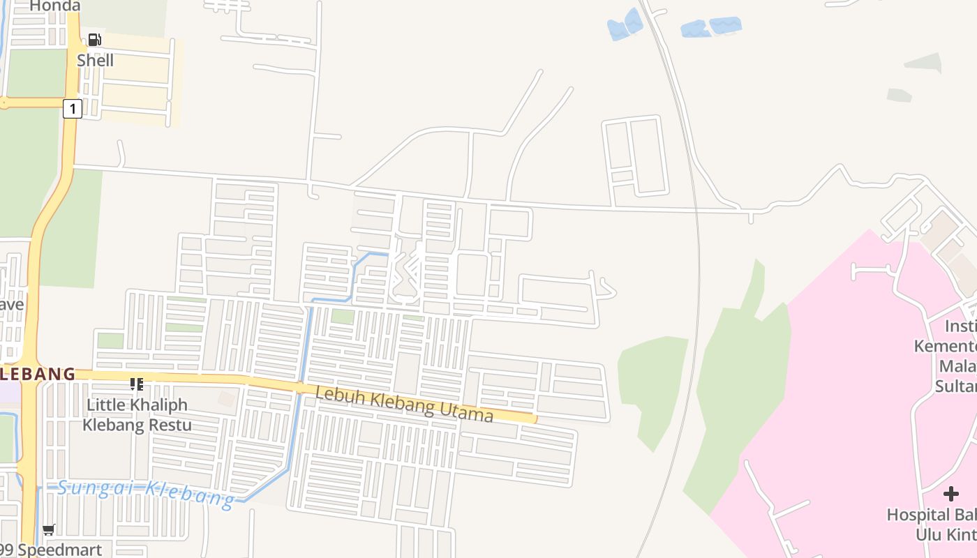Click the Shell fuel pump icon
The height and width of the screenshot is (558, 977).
click(95, 40)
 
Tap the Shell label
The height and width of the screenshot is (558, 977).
click(96, 61)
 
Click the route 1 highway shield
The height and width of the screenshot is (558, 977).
click(72, 109)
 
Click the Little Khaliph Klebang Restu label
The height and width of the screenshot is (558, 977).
click(137, 415)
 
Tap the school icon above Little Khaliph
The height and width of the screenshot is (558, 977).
click(137, 384)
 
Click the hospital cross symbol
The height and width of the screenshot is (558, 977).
click(950, 495)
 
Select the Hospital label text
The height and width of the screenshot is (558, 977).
click(931, 515)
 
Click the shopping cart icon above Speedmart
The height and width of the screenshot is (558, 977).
click(49, 530)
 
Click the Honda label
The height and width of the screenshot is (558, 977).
click(54, 6)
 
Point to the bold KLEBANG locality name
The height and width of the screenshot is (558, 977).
click(38, 374)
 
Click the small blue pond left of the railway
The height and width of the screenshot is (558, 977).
click(625, 26)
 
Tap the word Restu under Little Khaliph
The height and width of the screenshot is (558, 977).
click(167, 425)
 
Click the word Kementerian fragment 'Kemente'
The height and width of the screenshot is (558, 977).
click(946, 347)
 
